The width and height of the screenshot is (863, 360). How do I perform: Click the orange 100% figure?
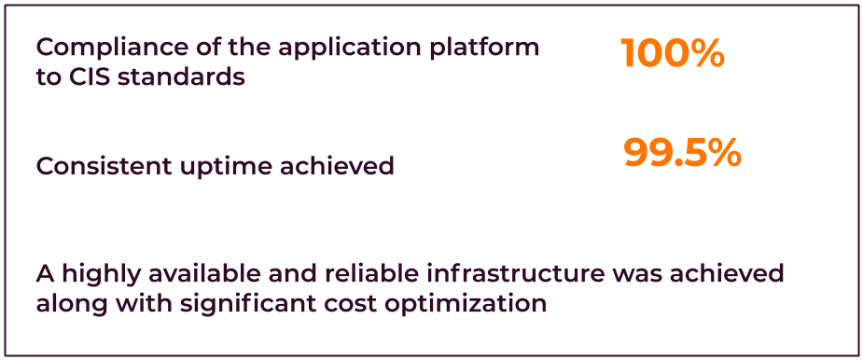(672, 54)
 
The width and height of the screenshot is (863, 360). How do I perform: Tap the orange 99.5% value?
(682, 153)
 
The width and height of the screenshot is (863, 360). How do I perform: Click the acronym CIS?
(85, 77)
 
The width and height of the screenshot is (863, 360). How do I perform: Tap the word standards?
(178, 77)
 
